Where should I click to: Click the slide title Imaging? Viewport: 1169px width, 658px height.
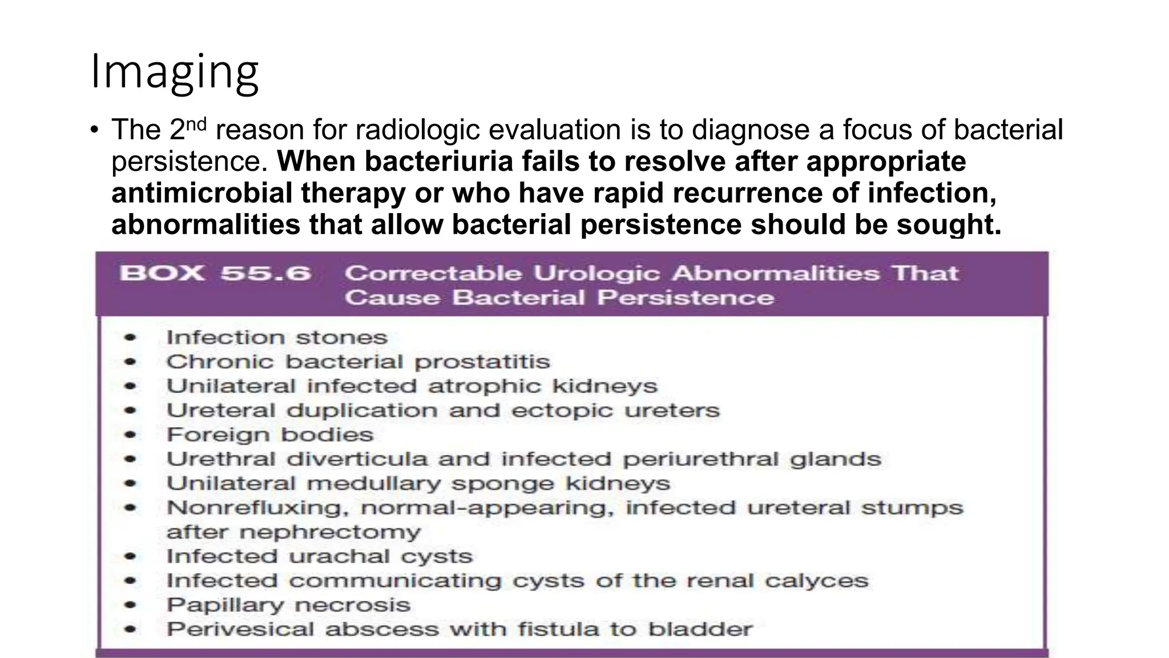(x=175, y=72)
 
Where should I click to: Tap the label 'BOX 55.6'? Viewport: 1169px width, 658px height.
(x=215, y=273)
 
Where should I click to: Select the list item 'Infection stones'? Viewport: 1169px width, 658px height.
(x=277, y=337)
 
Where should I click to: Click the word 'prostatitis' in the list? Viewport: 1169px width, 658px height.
(x=482, y=362)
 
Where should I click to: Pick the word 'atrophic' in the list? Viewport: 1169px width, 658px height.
(x=484, y=386)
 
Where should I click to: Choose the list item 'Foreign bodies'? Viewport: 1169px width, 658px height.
(x=270, y=435)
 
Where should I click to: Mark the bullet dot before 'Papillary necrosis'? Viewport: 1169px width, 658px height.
(x=131, y=605)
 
